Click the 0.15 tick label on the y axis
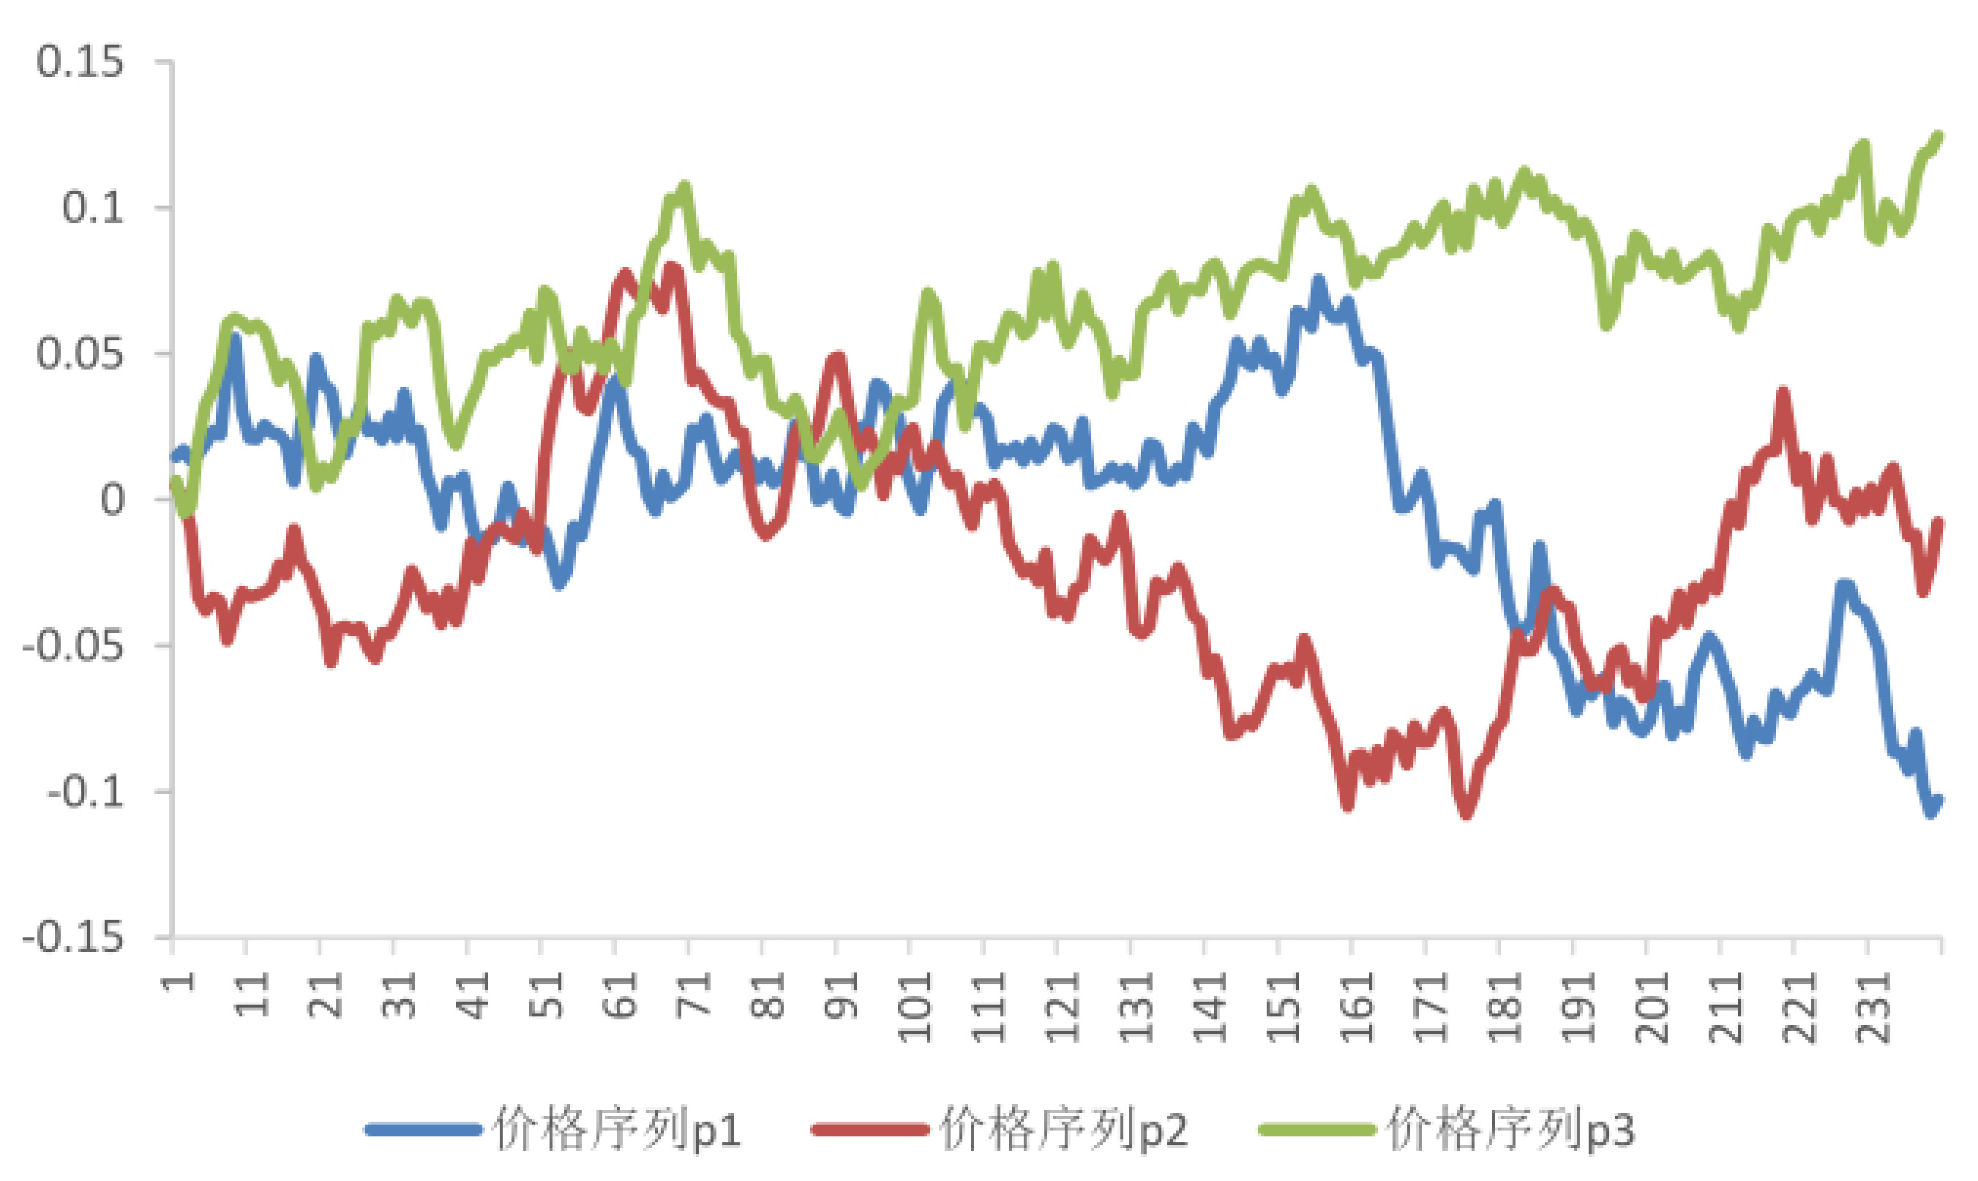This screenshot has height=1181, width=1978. point(80,62)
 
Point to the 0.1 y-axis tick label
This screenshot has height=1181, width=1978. point(93,209)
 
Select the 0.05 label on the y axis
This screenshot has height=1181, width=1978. point(80,354)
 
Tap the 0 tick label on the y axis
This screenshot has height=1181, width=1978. point(112,500)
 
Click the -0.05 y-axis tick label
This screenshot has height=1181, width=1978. point(73,646)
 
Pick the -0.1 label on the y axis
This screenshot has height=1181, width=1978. point(86,792)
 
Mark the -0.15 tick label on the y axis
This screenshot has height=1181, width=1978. point(73,939)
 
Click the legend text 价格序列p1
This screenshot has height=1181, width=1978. point(617,1128)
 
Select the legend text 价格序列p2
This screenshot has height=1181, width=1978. point(1064,1128)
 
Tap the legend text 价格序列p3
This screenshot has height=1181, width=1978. point(1511,1128)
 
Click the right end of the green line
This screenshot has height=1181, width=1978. point(1938,138)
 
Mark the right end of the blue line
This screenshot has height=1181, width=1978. point(1938,801)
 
